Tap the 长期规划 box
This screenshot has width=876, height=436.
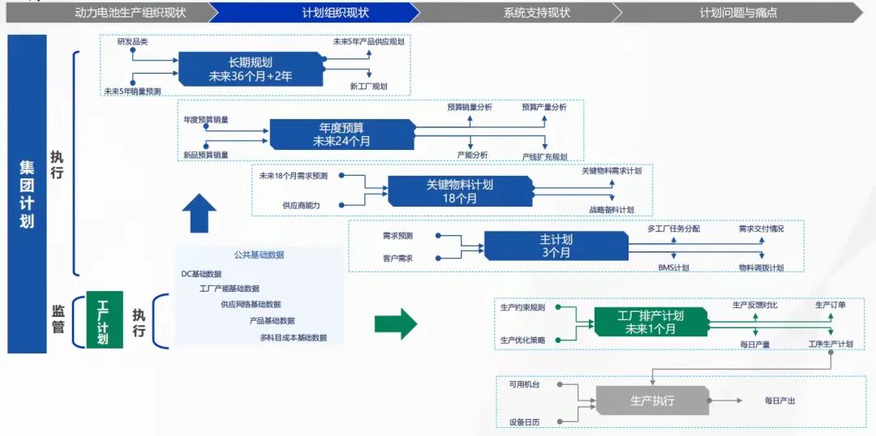coord(251,69)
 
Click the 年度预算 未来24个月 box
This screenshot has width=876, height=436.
coord(342,135)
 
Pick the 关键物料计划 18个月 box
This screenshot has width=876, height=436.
coord(460,191)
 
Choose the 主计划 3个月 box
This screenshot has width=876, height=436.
coord(556,246)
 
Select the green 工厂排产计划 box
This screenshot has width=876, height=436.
coord(651,322)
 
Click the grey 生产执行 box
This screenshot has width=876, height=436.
coord(652,400)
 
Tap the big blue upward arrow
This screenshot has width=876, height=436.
coord(199,212)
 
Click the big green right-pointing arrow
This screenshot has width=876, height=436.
coord(396,323)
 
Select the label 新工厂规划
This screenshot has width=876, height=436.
coord(369,87)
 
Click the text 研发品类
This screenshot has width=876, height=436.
coord(133,42)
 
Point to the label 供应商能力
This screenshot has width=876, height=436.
coord(301,206)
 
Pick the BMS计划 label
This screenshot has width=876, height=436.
coord(673,268)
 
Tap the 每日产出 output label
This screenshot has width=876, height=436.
coord(779,401)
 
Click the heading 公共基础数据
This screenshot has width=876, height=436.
coord(260,254)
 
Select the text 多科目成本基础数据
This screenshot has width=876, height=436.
coord(294,337)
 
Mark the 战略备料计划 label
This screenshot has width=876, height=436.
coord(612,210)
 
